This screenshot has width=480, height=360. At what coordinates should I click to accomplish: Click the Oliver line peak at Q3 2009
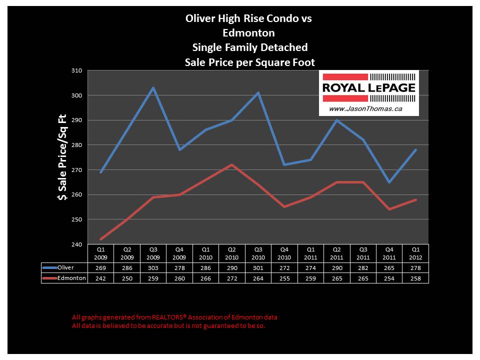click(153, 87)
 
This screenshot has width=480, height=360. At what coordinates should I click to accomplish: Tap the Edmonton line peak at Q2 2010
click(231, 164)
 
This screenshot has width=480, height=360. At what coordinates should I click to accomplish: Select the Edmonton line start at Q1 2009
click(100, 239)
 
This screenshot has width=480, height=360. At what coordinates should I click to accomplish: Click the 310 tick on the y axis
click(76, 70)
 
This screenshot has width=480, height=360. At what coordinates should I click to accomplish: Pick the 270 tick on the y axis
click(76, 170)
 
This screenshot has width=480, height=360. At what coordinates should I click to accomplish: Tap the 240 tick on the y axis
click(76, 244)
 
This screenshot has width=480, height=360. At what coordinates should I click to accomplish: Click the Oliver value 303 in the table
click(153, 268)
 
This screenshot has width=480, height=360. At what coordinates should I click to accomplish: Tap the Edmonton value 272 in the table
click(231, 278)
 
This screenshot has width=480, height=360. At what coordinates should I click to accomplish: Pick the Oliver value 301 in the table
click(258, 268)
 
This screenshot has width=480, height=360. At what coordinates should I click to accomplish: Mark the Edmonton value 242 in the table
click(100, 278)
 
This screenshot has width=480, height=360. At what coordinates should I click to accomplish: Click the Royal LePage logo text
click(368, 87)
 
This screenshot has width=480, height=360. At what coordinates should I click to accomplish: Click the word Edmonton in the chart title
click(249, 33)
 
